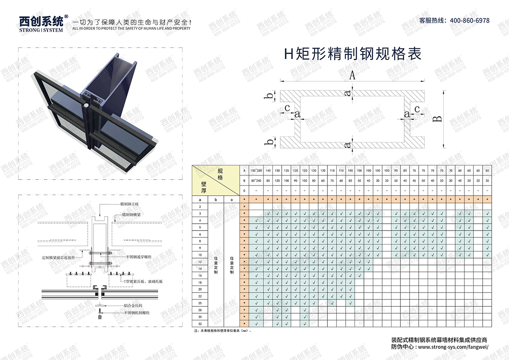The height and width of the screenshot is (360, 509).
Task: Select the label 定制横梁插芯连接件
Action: coord(59,257)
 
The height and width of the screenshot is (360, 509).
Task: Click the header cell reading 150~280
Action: coord(256,171)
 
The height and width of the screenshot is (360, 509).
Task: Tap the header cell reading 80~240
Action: coord(256,181)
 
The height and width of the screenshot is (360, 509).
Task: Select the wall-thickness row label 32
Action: coord(199,323)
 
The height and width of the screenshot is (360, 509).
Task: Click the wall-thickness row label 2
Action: coord(199,206)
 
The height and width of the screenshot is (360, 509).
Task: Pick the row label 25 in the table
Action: coord(199,303)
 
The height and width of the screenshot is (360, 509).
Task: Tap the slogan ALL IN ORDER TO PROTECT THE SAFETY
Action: coord(131,28)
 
